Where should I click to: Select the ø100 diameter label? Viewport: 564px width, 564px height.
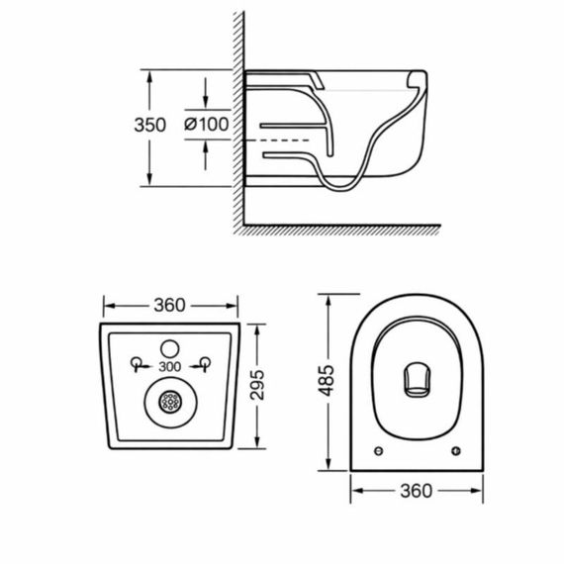pos(206,125)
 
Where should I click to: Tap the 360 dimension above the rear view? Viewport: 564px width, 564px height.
pos(171,304)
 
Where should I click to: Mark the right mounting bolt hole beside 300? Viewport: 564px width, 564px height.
pos(204,362)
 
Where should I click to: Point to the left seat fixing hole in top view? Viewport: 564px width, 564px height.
pos(381,451)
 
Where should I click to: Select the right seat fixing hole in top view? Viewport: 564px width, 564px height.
pos(456,451)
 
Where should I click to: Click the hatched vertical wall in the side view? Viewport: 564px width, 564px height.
pos(237,119)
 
